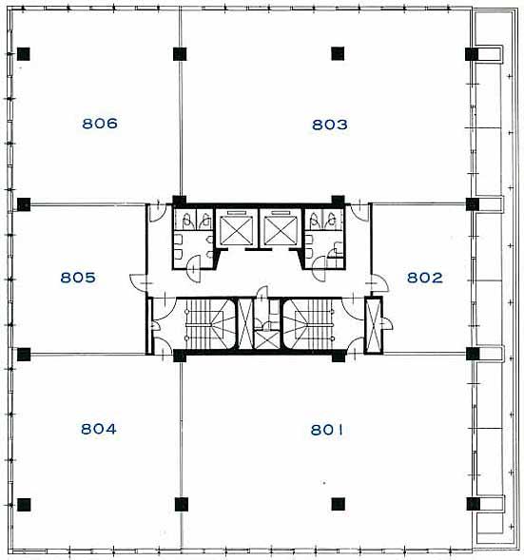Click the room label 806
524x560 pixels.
click(x=100, y=124)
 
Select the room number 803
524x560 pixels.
click(x=330, y=125)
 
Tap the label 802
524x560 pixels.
click(x=425, y=278)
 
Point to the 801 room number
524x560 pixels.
click(x=327, y=430)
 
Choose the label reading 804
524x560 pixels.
click(x=99, y=429)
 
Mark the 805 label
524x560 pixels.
click(x=78, y=277)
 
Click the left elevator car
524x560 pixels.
click(x=236, y=230)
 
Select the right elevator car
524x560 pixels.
click(x=280, y=230)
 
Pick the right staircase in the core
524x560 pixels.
click(x=310, y=324)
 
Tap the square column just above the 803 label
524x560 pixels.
click(x=338, y=54)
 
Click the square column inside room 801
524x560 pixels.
click(x=338, y=504)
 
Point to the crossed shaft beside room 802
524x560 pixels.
click(x=373, y=325)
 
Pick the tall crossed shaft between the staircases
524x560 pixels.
click(x=245, y=324)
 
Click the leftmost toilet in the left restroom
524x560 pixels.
click(x=186, y=222)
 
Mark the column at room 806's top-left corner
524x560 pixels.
click(x=24, y=54)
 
